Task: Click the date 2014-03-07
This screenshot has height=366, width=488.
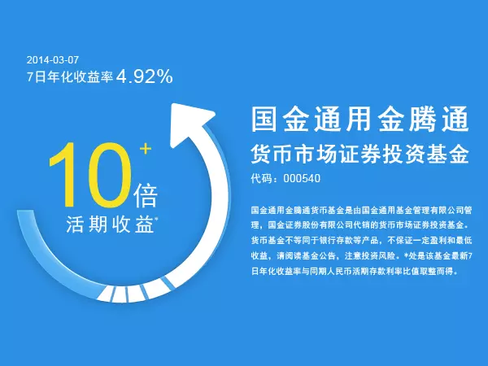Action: point(53,59)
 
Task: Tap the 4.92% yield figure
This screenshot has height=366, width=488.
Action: point(145,76)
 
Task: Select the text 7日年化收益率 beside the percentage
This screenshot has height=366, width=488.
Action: point(70,76)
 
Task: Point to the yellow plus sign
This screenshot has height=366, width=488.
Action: point(146,149)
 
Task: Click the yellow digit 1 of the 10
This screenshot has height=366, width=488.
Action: point(65,174)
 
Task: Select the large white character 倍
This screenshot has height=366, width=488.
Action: point(146,196)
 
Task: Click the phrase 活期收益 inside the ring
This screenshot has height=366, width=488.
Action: point(110,224)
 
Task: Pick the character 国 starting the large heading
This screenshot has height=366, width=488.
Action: point(264,119)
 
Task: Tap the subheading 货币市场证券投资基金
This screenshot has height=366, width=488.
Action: point(359,155)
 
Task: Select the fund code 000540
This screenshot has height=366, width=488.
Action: point(302,179)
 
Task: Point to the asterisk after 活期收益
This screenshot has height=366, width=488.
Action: point(156,219)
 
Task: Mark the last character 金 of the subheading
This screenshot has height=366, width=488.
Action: point(458,155)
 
